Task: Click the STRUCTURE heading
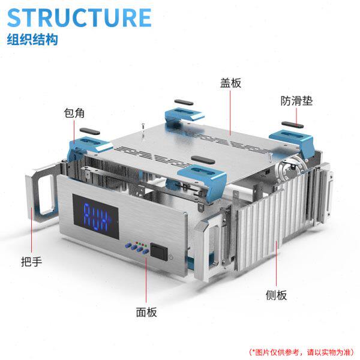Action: [x=79, y=17]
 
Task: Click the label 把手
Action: [x=30, y=261]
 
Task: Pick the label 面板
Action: [x=146, y=312]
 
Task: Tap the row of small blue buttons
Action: [x=136, y=248]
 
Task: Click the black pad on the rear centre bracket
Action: [x=184, y=103]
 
